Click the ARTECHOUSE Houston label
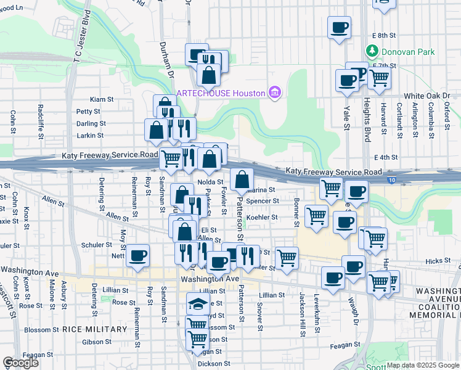click(221, 93)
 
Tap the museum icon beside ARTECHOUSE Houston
click(275, 93)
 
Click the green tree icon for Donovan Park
click(372, 50)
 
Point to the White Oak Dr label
click(427, 96)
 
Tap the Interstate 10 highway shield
click(392, 180)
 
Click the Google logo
click(21, 363)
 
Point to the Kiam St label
click(102, 99)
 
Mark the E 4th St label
click(385, 158)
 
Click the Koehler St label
click(263, 217)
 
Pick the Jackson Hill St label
click(303, 314)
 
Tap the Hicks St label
click(439, 261)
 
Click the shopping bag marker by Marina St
click(243, 179)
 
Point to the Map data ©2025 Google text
click(422, 365)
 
